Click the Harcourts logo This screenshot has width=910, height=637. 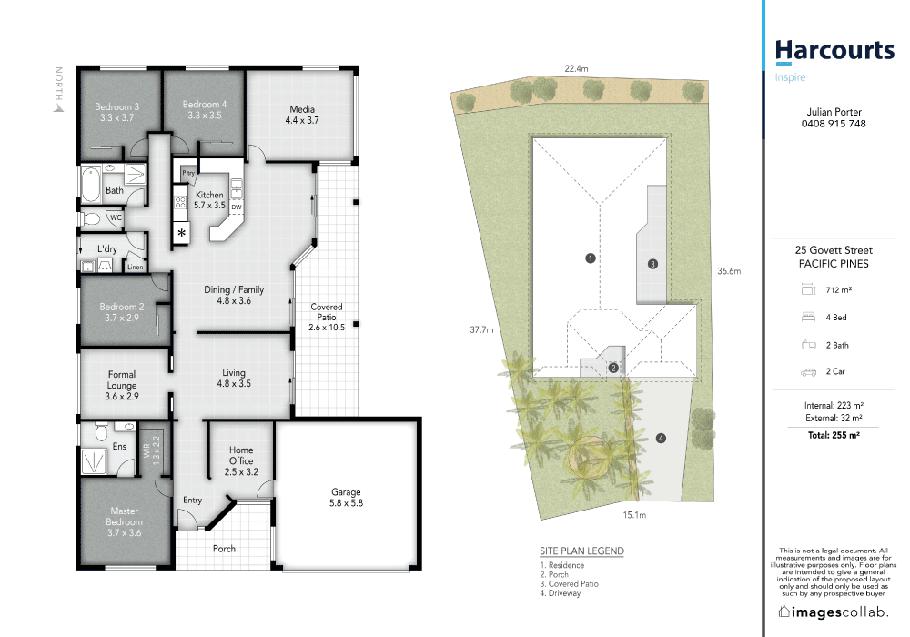pos(834,51)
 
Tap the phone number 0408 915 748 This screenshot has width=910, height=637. pos(834,124)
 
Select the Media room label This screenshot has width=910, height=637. pos(302,114)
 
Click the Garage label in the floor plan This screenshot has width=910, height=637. pos(346,498)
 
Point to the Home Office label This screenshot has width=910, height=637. pos(241,460)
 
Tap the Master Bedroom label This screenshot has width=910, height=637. pos(124,516)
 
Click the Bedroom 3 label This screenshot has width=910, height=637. pos(116,112)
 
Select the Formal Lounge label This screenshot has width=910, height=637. pos(122,379)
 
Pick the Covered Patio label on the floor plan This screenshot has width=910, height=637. pos(327,317)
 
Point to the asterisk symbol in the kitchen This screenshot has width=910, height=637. pos(182,234)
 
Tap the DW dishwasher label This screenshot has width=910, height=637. pos(236,207)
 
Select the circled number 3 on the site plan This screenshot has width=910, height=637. pos(652,264)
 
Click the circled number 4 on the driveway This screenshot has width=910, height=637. pos(661,439)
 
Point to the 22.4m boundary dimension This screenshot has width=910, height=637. pos(576,68)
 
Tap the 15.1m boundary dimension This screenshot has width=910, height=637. pos(633,516)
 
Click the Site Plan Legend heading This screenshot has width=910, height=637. pos(581,551)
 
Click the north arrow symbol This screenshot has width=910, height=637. pos(58,106)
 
